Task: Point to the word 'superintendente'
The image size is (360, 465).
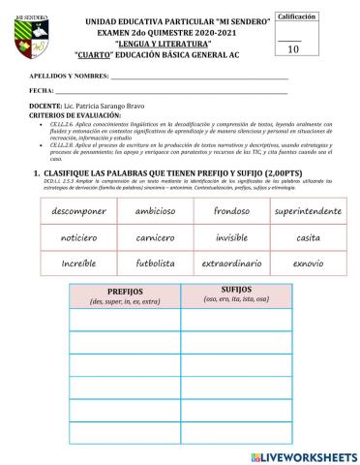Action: [x=308, y=211]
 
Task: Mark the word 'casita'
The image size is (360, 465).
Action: [x=308, y=237]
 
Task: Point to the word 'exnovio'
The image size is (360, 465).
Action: [x=308, y=263]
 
